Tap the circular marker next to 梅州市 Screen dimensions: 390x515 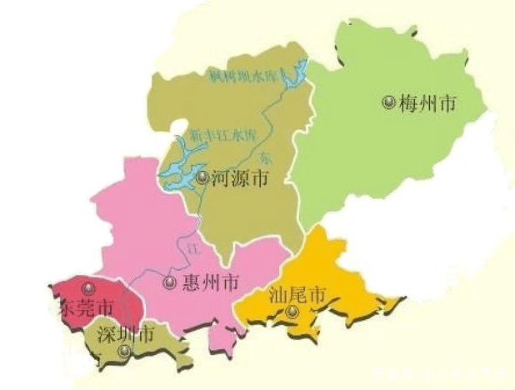[x=388, y=102]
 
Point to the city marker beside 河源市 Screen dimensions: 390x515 [x=202, y=177]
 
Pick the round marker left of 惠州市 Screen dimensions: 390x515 [x=170, y=282]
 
